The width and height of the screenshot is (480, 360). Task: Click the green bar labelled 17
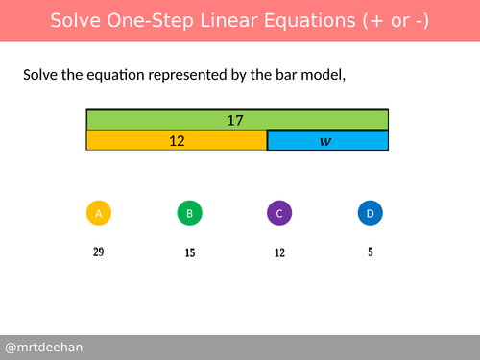(x=237, y=120)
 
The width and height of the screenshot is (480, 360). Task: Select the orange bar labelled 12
(x=177, y=141)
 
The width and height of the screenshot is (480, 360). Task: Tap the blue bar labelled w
(x=326, y=141)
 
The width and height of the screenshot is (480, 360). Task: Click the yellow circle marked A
(x=99, y=213)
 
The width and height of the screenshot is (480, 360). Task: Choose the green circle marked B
(x=190, y=213)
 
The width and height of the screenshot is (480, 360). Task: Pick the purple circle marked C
(x=278, y=213)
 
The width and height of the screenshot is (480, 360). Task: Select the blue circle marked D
(x=370, y=213)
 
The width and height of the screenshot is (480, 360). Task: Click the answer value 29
(x=99, y=252)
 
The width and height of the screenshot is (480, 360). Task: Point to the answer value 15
(x=190, y=253)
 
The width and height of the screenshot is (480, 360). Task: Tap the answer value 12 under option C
(x=278, y=253)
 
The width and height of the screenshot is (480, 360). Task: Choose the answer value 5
(x=370, y=253)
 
